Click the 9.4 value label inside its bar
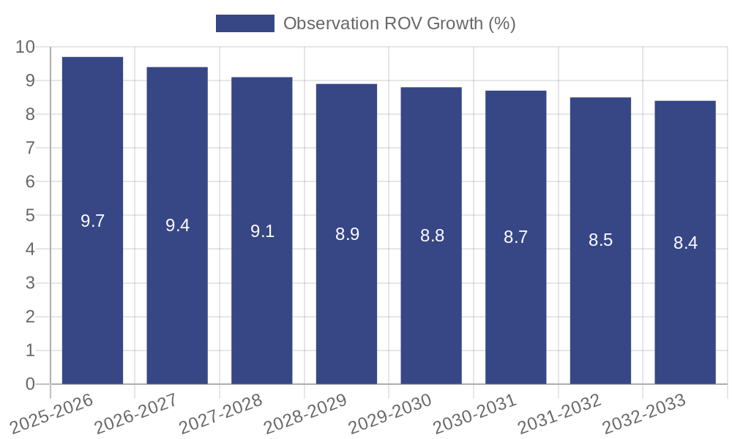coord(177,225)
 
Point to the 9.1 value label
coord(262,231)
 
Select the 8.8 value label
coord(432,236)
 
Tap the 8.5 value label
coord(600,240)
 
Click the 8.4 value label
coord(685,243)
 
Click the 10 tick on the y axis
coord(25,47)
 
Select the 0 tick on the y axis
coord(30,384)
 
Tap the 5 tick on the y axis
coord(30,216)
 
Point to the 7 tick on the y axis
coord(30,148)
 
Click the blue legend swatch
coord(244,23)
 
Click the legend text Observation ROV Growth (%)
coord(399,23)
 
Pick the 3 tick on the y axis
coord(30,283)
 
